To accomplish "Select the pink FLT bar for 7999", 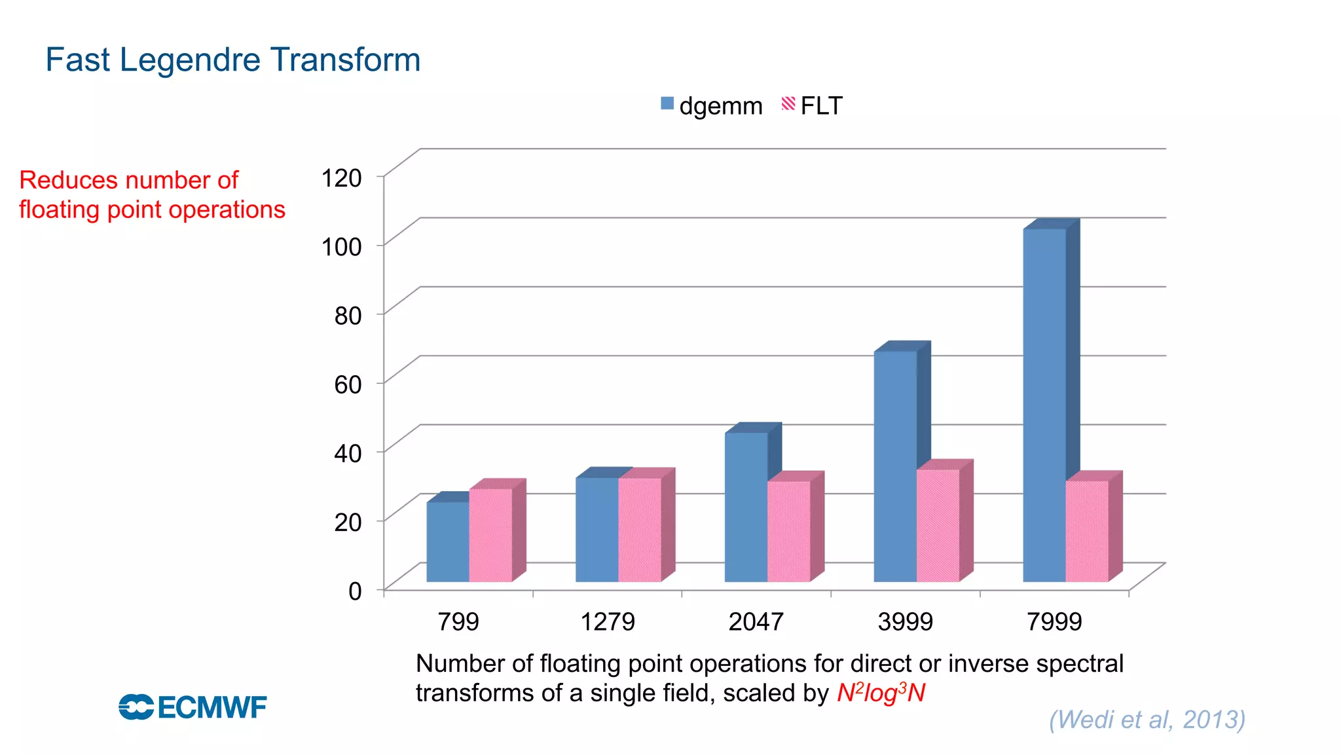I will [x=1087, y=531].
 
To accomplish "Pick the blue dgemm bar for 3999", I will [x=895, y=466].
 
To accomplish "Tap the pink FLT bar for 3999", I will [x=938, y=525].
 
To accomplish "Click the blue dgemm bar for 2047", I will [x=746, y=507].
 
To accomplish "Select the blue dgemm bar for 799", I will [x=448, y=542].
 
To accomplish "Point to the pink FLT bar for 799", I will [x=490, y=535].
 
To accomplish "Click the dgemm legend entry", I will [x=712, y=105].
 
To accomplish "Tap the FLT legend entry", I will [x=812, y=105].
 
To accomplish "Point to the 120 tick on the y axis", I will [x=341, y=178].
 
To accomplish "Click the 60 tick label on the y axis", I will [x=348, y=384].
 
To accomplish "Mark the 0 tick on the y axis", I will [x=355, y=591].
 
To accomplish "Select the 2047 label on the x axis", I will [x=756, y=621].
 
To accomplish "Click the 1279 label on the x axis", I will [x=607, y=621].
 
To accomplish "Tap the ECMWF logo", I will [x=193, y=707].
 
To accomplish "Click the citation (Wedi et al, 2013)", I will [x=1147, y=719].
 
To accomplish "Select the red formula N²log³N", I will [x=881, y=693].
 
